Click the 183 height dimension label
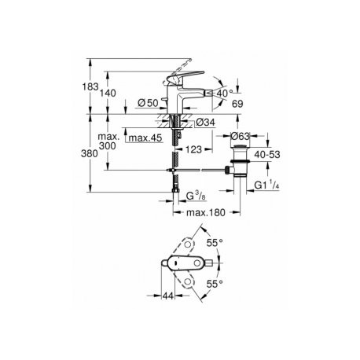(x=90, y=86)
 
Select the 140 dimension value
(x=108, y=93)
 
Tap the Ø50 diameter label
(x=148, y=103)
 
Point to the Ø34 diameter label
(x=205, y=122)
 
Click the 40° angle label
(x=225, y=93)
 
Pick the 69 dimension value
(x=237, y=104)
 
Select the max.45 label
(x=145, y=138)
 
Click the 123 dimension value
(x=193, y=149)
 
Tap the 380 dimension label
(x=90, y=153)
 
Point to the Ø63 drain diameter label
(x=241, y=136)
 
